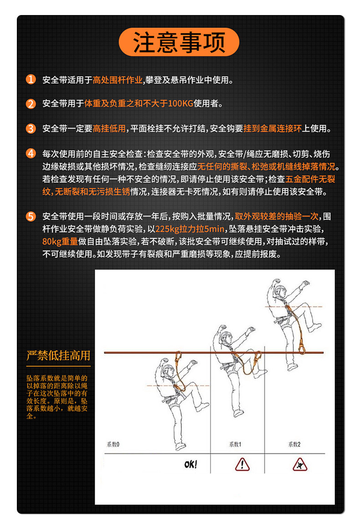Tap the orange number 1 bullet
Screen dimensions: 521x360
click(31, 80)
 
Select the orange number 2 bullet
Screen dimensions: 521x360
click(31, 104)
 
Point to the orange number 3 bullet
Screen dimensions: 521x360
click(31, 128)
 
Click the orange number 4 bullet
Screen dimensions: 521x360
click(31, 153)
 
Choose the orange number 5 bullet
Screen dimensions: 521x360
click(31, 216)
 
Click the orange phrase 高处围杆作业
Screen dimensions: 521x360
click(118, 81)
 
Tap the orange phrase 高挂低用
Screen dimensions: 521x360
click(109, 129)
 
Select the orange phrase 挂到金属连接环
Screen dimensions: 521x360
click(273, 129)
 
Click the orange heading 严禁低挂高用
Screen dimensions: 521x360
click(58, 356)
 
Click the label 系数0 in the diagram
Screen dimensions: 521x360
click(113, 444)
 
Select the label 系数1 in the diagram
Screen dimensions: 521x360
click(235, 444)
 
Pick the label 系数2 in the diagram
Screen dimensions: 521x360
click(294, 444)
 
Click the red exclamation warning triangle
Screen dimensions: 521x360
click(242, 464)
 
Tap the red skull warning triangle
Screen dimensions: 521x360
click(300, 464)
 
